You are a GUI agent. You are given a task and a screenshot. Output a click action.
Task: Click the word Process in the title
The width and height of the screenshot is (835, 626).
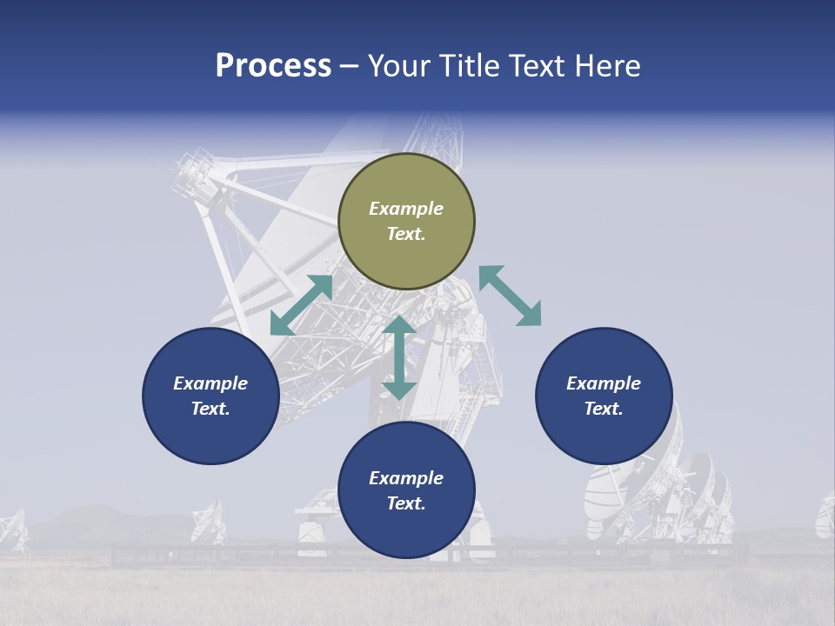273,66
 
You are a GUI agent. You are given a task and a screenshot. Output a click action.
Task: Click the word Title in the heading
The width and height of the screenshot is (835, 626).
467,66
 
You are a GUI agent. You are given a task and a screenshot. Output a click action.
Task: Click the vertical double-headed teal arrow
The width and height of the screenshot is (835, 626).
399,357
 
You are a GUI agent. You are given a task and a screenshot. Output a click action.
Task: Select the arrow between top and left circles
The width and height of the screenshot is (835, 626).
301,305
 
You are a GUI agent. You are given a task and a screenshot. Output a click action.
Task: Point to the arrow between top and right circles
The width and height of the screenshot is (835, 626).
510,296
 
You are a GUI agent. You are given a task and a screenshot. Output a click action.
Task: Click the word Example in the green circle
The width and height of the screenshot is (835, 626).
406,209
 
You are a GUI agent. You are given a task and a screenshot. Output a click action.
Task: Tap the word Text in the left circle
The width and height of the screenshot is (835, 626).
210,409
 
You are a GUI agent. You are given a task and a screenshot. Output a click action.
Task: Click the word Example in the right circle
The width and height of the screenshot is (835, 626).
604,383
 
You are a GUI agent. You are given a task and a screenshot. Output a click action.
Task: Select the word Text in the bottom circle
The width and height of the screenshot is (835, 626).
406,503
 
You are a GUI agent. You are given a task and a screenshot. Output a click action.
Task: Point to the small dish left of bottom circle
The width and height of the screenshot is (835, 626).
208,521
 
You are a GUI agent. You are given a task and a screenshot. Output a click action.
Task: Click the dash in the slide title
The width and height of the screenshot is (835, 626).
349,67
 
